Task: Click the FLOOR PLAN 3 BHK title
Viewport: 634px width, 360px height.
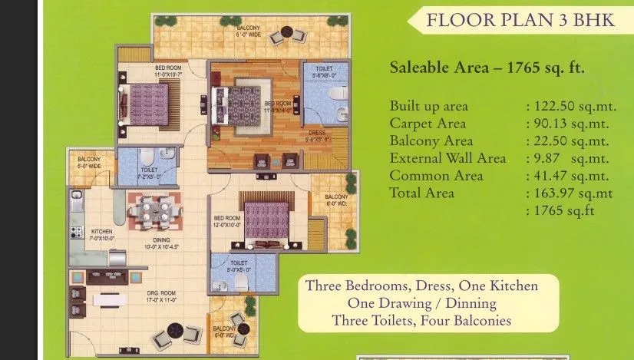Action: coord(520,19)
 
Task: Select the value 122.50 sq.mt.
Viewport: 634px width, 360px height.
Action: coord(569,107)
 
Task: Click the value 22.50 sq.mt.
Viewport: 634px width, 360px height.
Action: coord(570,141)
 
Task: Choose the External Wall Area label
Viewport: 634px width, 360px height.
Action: coord(447,158)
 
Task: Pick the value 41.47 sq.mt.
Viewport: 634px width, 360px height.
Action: coord(570,176)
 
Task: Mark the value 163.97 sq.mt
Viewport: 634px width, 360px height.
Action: coord(570,193)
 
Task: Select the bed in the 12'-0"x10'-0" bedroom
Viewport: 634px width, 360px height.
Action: coord(266,220)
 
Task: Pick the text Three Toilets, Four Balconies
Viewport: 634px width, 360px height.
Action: coord(421,320)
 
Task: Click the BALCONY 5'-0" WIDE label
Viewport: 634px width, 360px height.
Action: coord(90,161)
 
